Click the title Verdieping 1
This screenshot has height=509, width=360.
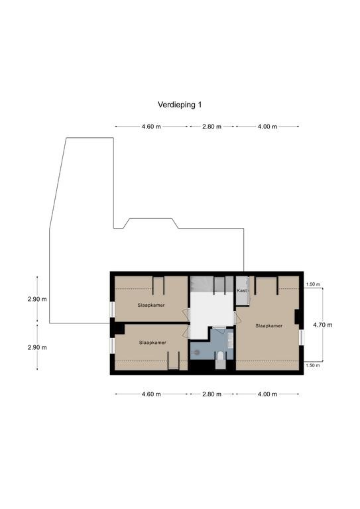180,105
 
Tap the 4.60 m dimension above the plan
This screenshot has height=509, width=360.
151,127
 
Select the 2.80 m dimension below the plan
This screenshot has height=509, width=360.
211,394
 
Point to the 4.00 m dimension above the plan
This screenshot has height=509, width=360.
267,127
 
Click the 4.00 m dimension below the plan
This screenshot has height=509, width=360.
267,394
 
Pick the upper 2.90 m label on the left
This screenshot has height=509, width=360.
37,300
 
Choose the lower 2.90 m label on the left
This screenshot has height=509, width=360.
37,347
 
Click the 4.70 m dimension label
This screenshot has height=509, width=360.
323,325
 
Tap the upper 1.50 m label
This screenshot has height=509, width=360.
313,284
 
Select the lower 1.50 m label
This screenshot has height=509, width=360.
313,365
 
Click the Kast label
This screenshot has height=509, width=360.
242,290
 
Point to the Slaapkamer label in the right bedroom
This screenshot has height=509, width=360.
269,325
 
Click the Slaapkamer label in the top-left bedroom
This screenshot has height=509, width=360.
151,305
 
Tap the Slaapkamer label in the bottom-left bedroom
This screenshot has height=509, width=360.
152,343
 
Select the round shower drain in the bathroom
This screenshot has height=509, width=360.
196,351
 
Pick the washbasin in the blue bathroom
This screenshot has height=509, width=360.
231,340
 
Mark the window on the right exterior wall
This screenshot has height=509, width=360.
302,337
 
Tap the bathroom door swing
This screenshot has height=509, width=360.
219,330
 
